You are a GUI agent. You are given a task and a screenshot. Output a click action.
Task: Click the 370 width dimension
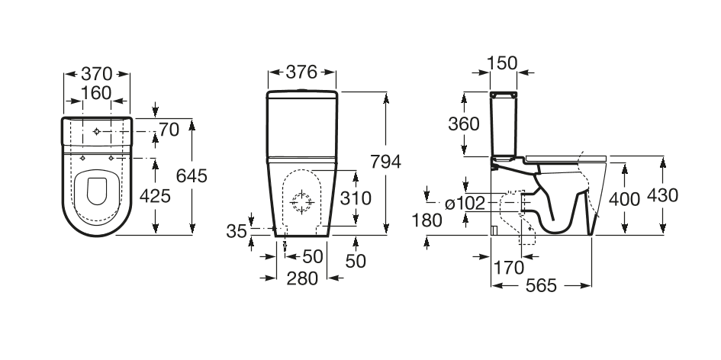click(97, 74)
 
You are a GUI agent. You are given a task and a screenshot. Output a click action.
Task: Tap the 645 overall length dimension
click(192, 175)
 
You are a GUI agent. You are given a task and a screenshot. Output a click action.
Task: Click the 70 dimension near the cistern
click(169, 130)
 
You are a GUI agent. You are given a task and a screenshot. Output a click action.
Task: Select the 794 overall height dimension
click(385, 162)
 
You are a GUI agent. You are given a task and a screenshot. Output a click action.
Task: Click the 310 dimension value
click(356, 198)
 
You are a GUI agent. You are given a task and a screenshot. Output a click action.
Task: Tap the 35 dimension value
click(237, 229)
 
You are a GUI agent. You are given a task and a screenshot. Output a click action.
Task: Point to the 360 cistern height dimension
click(464, 124)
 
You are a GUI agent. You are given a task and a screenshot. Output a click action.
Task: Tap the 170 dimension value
click(508, 267)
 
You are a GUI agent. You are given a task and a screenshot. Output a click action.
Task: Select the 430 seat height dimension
click(661, 195)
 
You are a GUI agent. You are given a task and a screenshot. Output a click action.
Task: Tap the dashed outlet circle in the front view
click(301, 203)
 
